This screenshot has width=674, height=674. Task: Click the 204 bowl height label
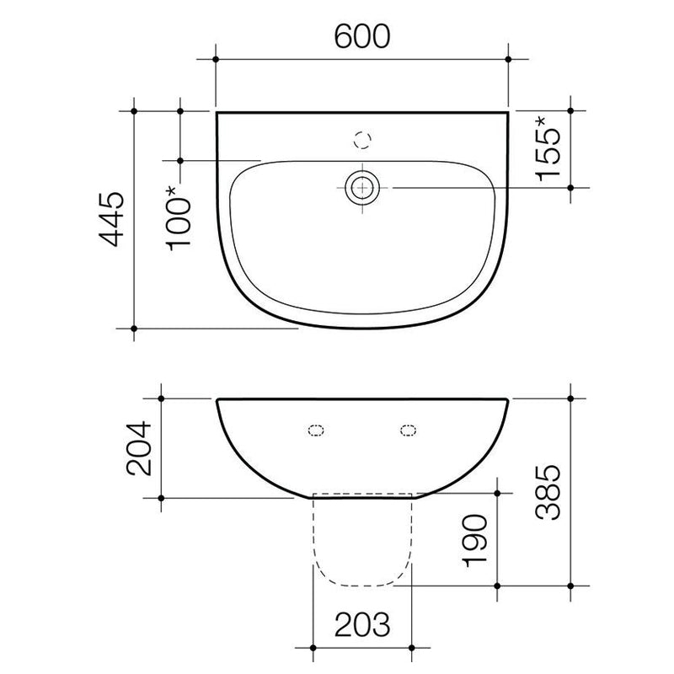[137, 447]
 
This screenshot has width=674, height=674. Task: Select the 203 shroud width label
[363, 624]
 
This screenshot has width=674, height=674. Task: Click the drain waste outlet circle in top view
[363, 185]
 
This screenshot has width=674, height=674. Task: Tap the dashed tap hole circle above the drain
[363, 139]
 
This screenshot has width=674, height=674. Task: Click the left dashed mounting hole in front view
[317, 431]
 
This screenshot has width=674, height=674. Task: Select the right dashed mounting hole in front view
[409, 431]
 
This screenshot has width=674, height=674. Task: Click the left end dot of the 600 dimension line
[217, 59]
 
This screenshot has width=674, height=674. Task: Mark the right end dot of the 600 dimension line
[509, 59]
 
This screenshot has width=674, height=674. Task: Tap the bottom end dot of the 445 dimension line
[134, 328]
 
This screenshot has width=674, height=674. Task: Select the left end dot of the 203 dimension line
[313, 647]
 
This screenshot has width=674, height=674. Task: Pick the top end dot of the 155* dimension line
[571, 110]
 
